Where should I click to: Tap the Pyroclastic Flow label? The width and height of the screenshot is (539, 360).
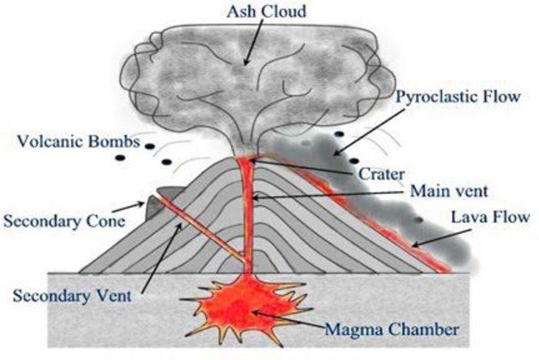pos(458,96)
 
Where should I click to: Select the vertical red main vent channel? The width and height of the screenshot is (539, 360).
pos(247,215)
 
